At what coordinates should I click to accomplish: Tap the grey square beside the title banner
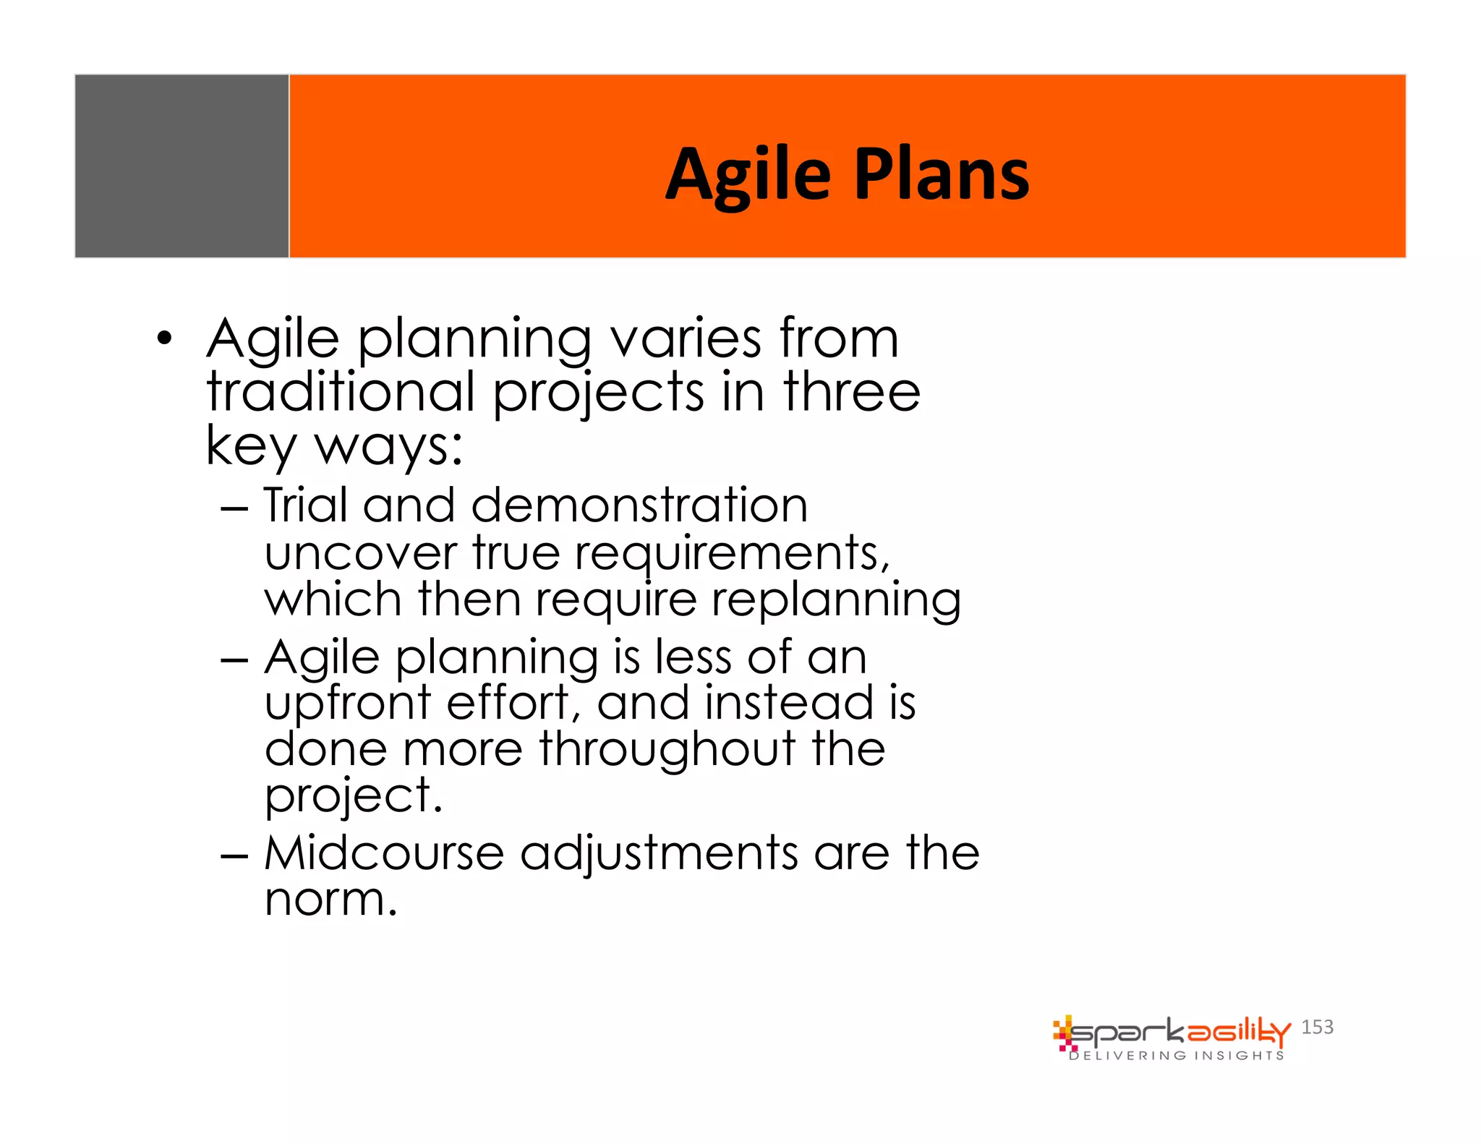click(182, 166)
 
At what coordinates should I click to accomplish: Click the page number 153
click(1317, 1027)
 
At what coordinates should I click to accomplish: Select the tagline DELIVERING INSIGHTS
click(1177, 1056)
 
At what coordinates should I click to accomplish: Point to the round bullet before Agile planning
click(165, 338)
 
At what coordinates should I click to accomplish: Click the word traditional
click(341, 392)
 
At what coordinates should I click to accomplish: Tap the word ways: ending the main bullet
click(389, 445)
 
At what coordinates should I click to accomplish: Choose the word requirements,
click(732, 553)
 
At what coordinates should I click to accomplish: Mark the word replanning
click(836, 600)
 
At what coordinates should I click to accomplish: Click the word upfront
click(348, 703)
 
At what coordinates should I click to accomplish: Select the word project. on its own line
click(353, 795)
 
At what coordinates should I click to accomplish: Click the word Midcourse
click(383, 853)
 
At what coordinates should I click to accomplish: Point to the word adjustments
click(659, 853)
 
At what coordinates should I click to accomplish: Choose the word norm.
click(330, 900)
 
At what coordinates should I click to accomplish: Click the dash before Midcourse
click(234, 856)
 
